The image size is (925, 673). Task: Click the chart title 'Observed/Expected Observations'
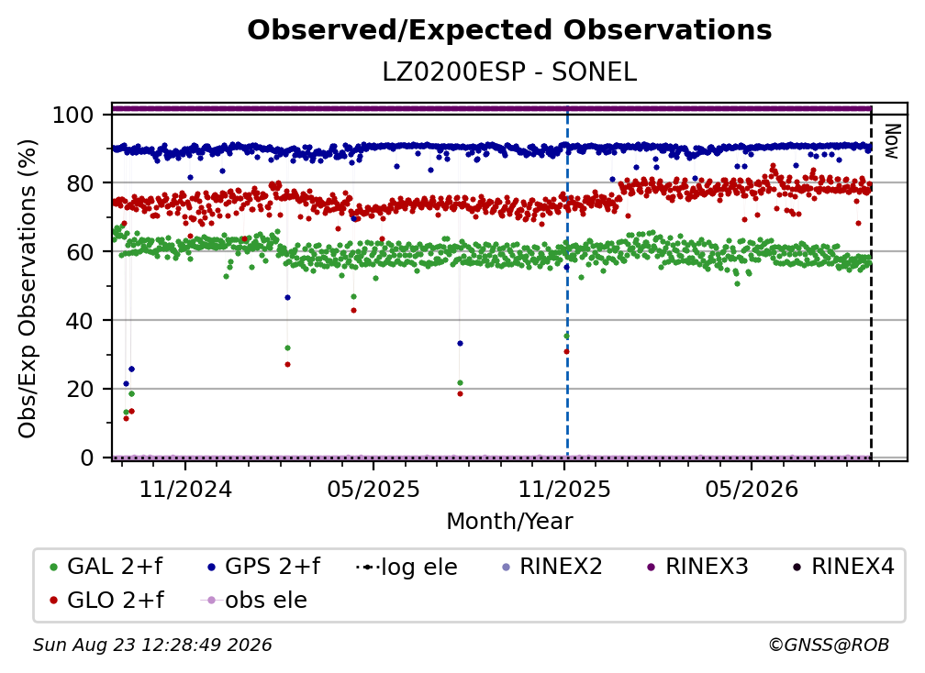tap(509, 30)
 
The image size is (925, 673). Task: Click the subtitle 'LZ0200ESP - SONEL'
tap(509, 72)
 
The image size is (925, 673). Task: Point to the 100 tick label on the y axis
tap(72, 115)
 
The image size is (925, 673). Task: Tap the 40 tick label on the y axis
tap(80, 321)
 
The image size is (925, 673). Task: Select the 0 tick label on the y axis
tap(87, 458)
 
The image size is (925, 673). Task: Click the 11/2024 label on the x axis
tap(185, 490)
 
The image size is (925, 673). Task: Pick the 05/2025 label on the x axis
tap(373, 490)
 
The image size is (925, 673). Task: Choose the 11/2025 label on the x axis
tap(564, 490)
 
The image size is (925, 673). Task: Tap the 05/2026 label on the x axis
tap(752, 490)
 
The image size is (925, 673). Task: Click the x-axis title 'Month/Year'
tap(509, 522)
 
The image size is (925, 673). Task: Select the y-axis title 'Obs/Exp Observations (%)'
tap(28, 289)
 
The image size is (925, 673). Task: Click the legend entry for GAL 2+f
tap(106, 567)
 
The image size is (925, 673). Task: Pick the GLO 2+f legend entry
tap(106, 601)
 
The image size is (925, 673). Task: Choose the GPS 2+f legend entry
tap(263, 567)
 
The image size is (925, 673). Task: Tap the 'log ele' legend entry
tap(407, 568)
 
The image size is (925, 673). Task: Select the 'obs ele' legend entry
tap(254, 601)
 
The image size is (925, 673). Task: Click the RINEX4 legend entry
tap(843, 567)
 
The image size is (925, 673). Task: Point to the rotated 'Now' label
tap(891, 141)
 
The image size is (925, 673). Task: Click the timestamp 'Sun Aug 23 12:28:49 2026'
tap(152, 645)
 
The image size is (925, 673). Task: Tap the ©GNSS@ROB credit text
tap(829, 645)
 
